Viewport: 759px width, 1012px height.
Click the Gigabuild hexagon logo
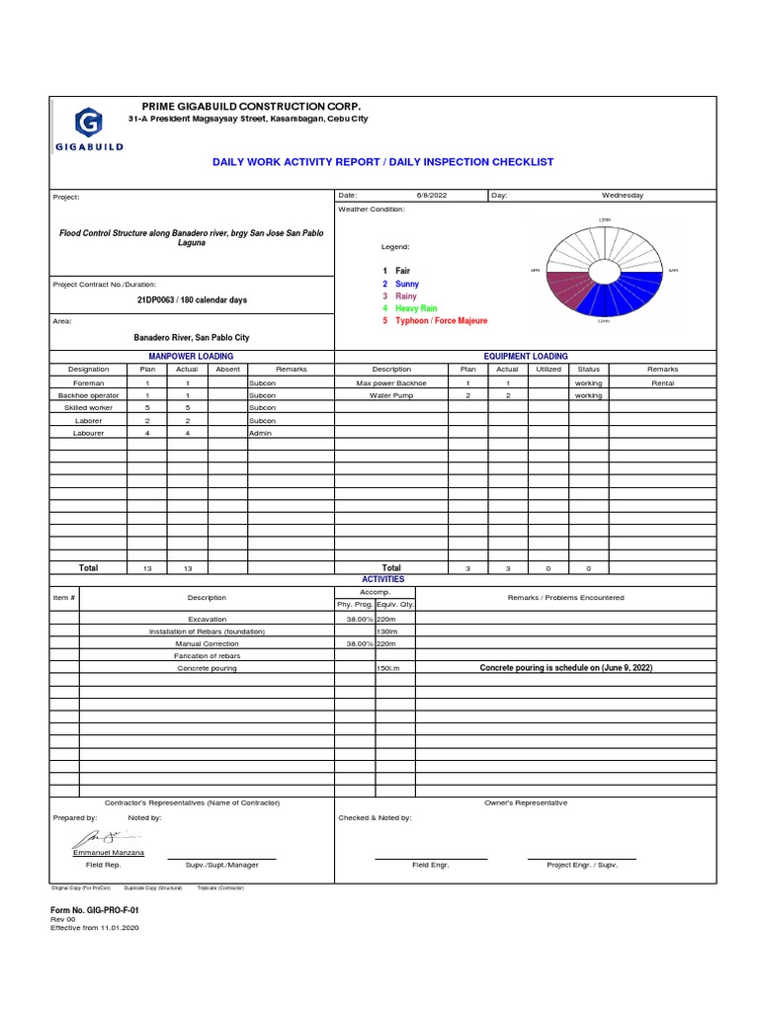[88, 125]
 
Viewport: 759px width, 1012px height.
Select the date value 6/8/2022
[432, 196]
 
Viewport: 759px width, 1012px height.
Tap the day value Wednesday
[622, 196]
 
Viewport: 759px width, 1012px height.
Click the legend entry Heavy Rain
[415, 308]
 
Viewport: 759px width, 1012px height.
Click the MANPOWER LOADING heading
[191, 356]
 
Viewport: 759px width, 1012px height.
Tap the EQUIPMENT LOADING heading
[526, 356]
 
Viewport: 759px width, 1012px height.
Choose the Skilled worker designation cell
[88, 407]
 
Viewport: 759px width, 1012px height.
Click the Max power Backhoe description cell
[391, 382]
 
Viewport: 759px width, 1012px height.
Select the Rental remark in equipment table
[662, 382]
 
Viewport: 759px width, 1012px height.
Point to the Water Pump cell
[391, 395]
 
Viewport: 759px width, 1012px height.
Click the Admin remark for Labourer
[261, 433]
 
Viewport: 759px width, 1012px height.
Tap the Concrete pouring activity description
[207, 668]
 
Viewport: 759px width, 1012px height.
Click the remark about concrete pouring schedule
[565, 668]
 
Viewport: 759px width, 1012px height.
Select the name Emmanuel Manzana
[108, 852]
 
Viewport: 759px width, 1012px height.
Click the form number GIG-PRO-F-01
[88, 908]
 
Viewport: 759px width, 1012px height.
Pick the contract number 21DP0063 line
[192, 299]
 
